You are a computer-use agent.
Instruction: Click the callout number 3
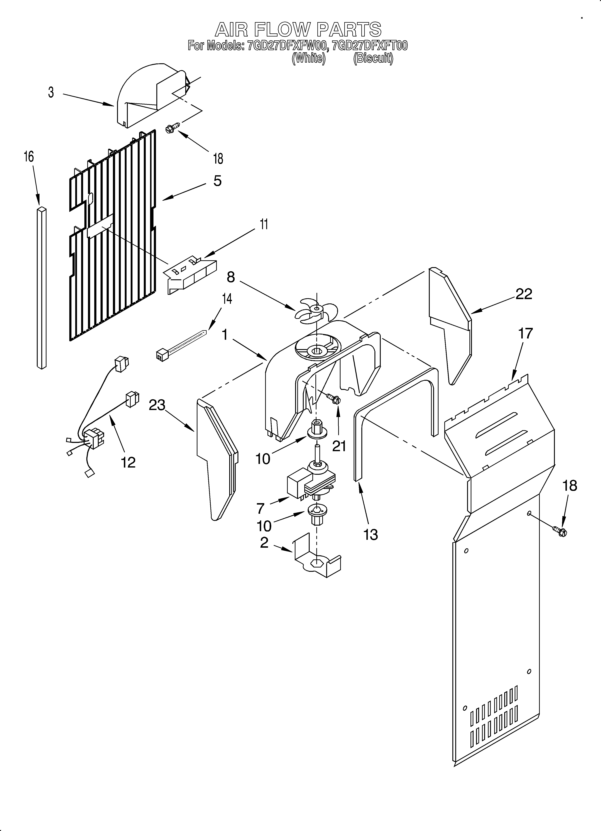[51, 92]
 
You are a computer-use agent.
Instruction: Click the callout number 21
[339, 446]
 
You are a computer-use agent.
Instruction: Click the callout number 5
[217, 181]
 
